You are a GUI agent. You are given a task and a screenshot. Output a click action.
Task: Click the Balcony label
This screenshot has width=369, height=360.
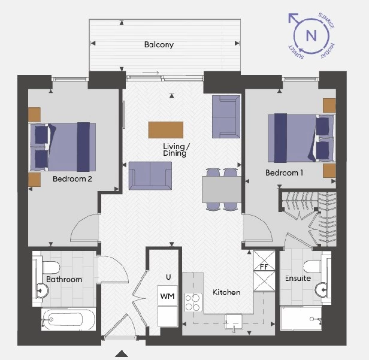tap(159, 45)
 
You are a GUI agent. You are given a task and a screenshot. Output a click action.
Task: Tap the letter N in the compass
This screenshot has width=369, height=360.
tap(311, 35)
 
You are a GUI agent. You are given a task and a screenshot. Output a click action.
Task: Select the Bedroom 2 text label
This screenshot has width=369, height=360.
tap(72, 179)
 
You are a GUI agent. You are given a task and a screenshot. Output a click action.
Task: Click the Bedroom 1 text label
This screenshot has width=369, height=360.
tap(285, 173)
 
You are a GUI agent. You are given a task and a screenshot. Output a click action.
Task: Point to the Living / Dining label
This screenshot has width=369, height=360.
tap(176, 150)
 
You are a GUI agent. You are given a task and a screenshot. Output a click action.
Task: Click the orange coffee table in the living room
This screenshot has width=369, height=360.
tap(167, 129)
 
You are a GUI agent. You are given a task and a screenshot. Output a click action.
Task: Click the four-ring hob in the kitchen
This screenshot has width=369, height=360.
tap(193, 302)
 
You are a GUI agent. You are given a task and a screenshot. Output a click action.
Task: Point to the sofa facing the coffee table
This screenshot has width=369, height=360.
tap(146, 174)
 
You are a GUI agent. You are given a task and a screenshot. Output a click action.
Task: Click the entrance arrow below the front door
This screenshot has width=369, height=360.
tap(122, 353)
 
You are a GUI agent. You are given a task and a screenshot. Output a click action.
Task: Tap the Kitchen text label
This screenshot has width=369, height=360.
tap(226, 292)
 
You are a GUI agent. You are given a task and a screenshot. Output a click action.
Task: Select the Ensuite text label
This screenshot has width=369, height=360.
tap(298, 279)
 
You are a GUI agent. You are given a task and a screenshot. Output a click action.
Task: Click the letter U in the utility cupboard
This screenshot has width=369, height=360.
tap(168, 277)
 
